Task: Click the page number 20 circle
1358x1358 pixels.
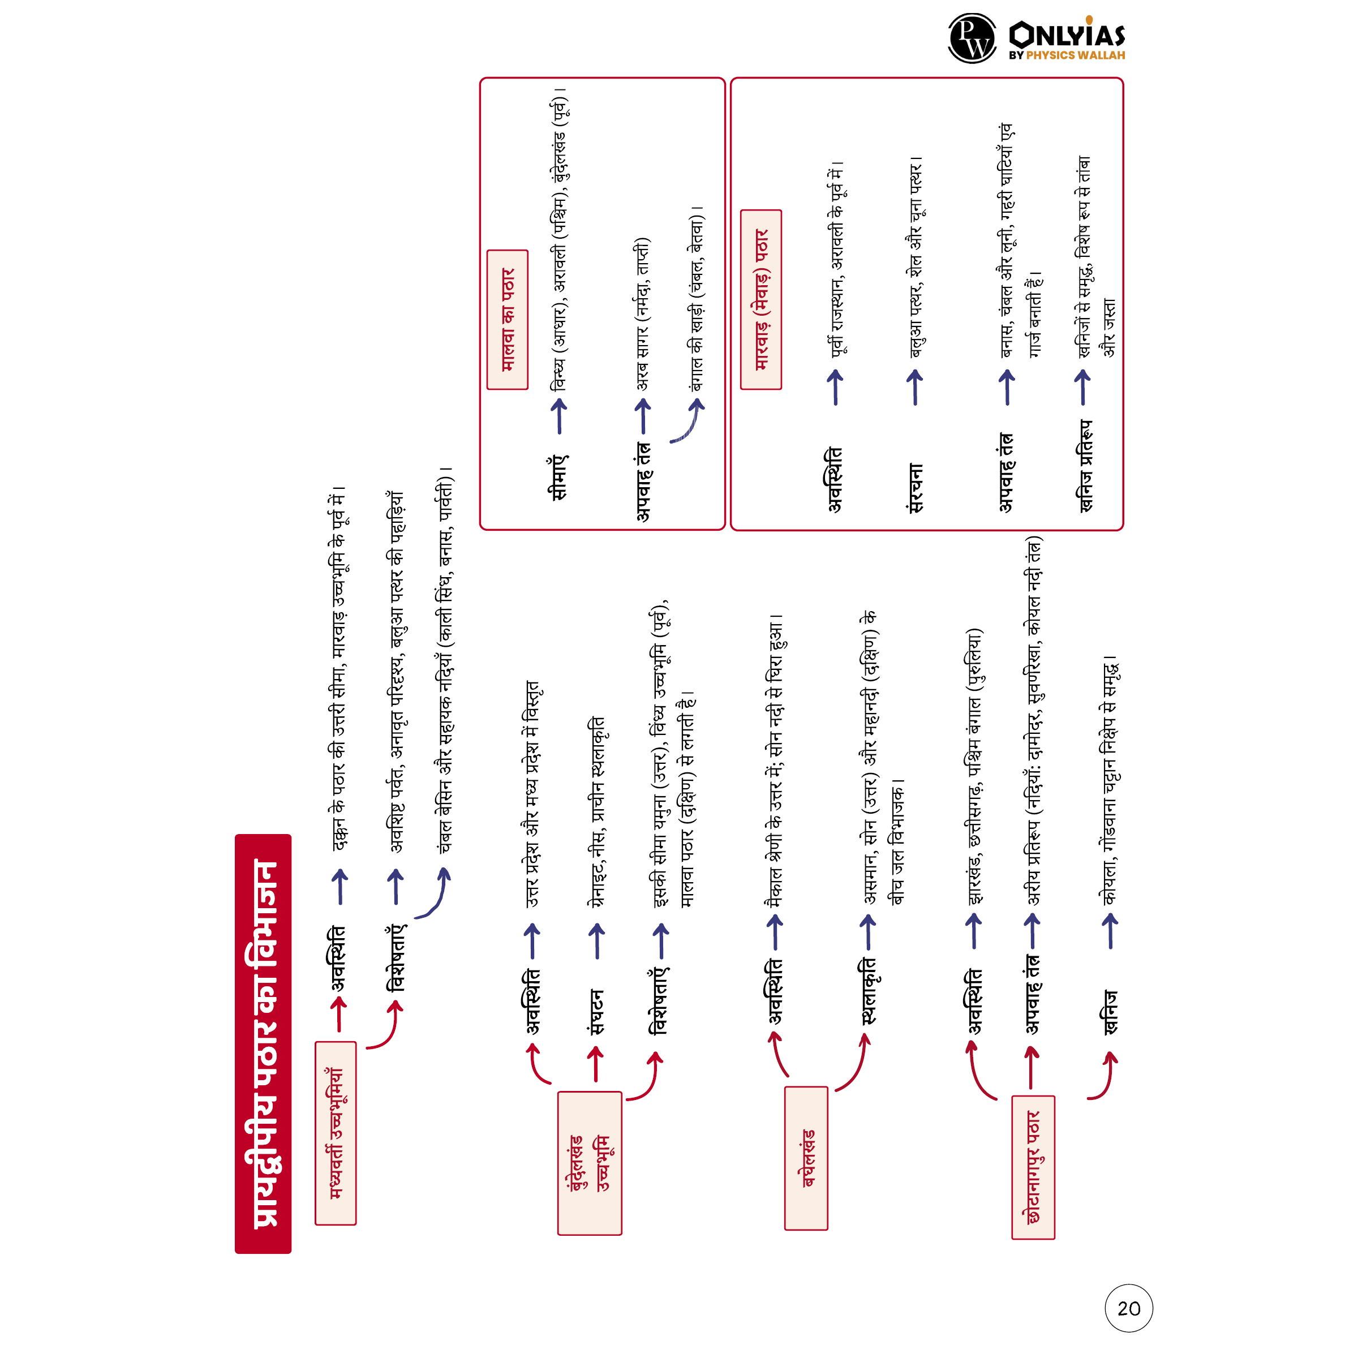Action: pos(1128,1308)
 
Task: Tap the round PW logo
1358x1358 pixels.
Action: pos(972,38)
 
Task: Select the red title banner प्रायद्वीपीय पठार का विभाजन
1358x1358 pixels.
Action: pos(263,1043)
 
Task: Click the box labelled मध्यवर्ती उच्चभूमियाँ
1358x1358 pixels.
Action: pos(336,1132)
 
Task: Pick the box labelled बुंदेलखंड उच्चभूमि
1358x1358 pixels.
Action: pos(589,1163)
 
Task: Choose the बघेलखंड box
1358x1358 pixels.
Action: pos(806,1158)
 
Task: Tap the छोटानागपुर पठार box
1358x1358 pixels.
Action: pos(1033,1167)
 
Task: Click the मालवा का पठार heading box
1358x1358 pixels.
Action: pos(507,319)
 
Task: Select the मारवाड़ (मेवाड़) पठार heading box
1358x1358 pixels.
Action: pos(760,299)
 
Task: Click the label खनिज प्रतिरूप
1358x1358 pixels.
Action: pos(1085,467)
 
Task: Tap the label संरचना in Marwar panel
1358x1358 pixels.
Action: pos(914,488)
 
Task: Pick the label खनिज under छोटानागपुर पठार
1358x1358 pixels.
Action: pos(1110,1012)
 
